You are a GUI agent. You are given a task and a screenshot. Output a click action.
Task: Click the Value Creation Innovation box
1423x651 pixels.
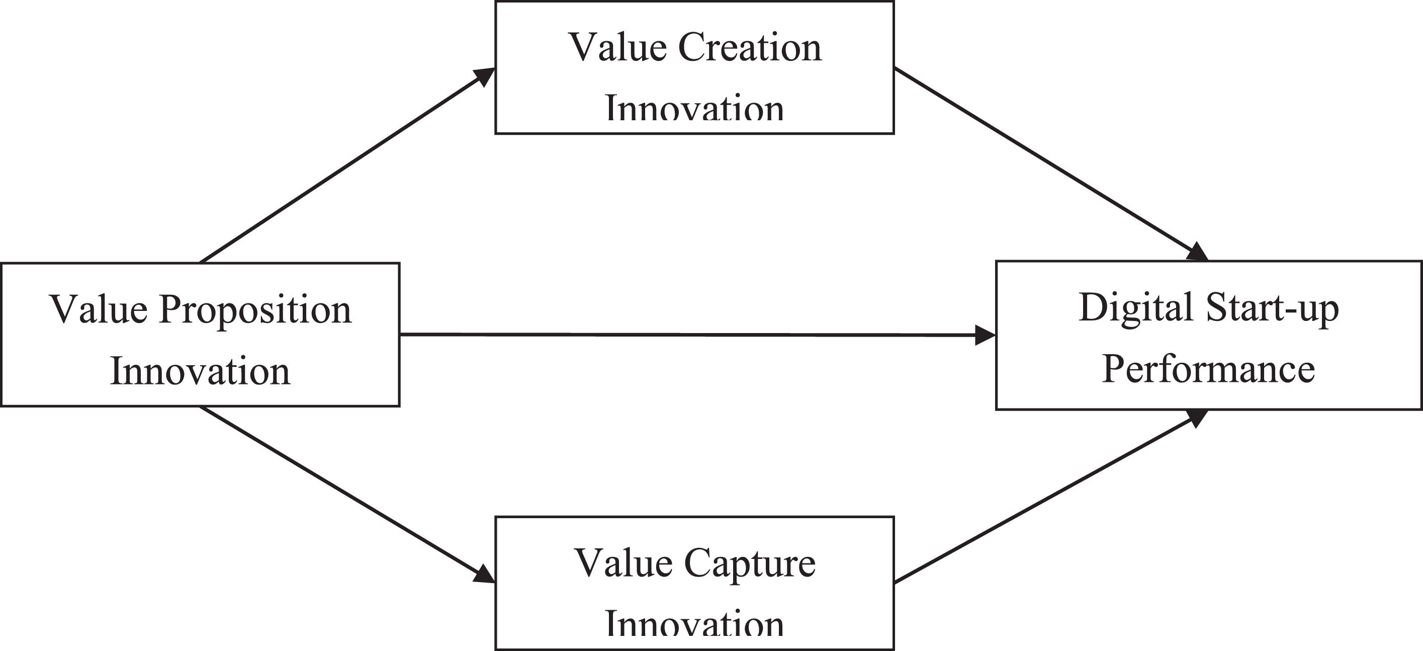click(x=694, y=67)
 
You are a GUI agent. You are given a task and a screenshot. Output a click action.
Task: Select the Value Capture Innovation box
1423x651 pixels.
click(x=694, y=583)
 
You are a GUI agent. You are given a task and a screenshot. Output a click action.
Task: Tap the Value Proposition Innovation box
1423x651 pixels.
click(x=200, y=335)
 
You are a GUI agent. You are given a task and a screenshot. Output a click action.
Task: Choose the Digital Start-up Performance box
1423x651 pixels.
click(x=1209, y=336)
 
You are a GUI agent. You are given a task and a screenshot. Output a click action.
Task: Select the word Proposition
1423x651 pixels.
click(x=255, y=310)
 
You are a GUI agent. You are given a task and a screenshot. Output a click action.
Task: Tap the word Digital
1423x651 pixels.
click(x=1135, y=307)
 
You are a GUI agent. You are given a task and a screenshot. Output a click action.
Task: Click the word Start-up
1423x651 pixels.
click(x=1273, y=308)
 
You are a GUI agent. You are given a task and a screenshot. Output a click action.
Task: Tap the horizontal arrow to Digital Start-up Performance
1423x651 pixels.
click(x=690, y=335)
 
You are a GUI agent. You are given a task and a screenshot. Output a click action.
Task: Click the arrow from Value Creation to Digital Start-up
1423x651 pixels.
click(x=1049, y=164)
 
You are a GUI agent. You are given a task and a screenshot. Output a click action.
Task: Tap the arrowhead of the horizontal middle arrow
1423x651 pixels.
click(x=985, y=335)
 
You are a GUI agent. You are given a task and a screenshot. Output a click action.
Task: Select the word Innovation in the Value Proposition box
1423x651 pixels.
click(x=200, y=371)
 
